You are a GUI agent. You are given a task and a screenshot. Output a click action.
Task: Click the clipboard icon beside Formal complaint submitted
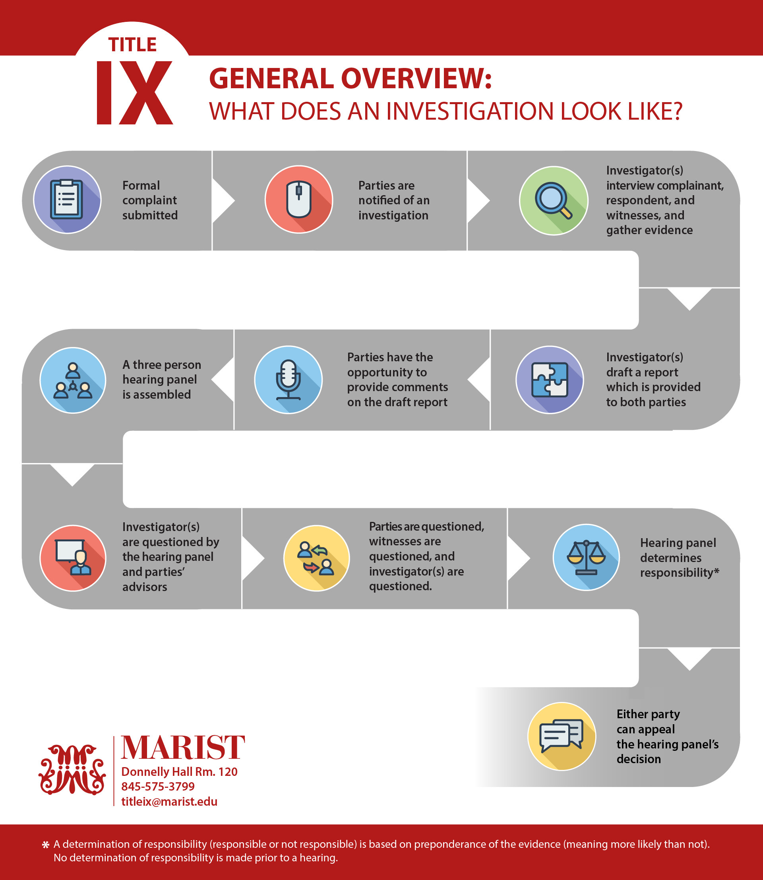(x=67, y=200)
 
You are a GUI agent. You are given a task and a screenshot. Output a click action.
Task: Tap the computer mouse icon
(x=299, y=200)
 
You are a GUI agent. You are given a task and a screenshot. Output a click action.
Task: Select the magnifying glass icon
(x=554, y=200)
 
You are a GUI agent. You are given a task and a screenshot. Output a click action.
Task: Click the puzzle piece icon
(x=550, y=380)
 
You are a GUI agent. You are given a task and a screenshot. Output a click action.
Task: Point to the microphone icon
(x=288, y=380)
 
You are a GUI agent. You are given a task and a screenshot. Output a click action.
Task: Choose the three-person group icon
(x=73, y=380)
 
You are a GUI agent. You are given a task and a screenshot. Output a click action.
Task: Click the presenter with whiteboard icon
(x=73, y=558)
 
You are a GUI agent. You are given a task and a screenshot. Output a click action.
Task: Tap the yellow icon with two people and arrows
(x=316, y=558)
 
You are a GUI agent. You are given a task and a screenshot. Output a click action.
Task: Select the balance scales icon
(x=586, y=557)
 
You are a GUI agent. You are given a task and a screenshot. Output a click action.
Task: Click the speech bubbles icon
(x=562, y=736)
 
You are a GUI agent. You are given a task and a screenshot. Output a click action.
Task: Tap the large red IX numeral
(x=135, y=93)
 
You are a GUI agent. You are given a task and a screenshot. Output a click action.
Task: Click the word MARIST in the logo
(x=183, y=748)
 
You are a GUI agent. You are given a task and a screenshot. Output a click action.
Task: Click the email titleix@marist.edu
(x=169, y=802)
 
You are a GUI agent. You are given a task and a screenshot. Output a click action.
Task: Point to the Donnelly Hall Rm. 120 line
(x=179, y=772)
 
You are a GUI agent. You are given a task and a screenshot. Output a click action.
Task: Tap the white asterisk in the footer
(x=46, y=845)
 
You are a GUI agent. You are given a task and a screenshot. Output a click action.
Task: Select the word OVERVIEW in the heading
(x=416, y=79)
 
